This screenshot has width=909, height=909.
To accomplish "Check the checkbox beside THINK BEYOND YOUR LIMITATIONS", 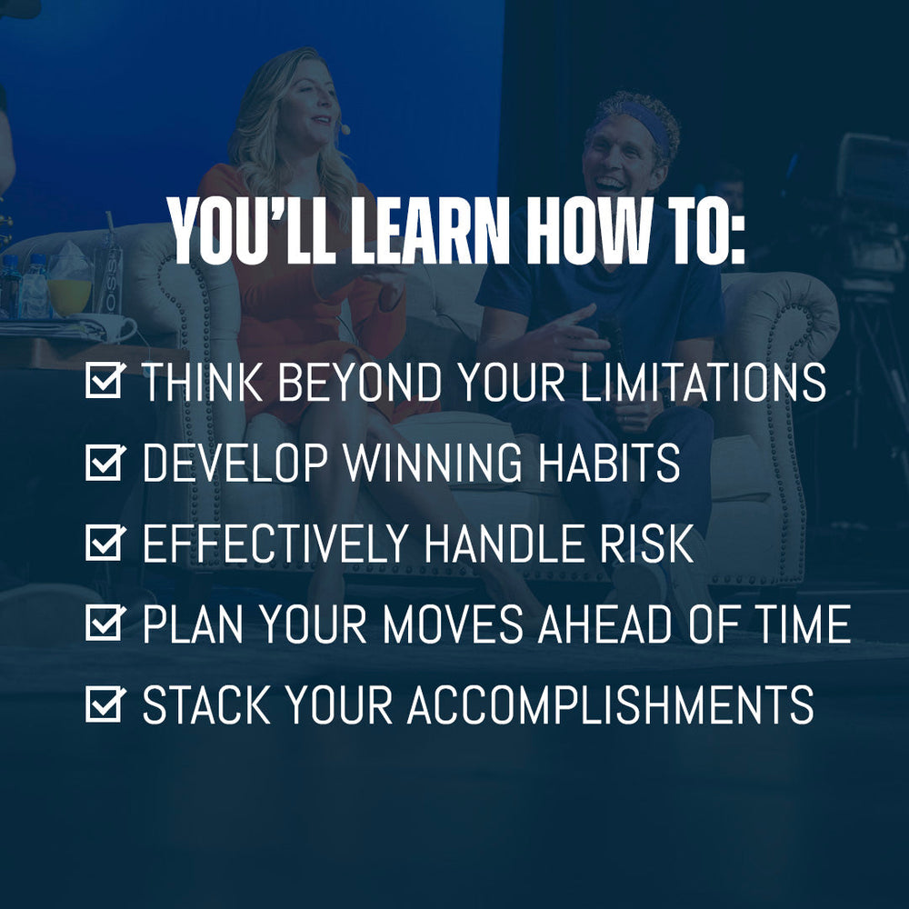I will click(103, 383).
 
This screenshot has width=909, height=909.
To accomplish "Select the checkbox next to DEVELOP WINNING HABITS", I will click(103, 463).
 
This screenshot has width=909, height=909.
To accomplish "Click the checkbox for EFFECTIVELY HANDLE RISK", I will click(103, 543).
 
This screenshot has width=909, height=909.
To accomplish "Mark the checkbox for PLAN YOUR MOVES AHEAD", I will click(103, 624).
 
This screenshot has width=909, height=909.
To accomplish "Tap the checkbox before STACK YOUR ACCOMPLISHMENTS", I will click(103, 704).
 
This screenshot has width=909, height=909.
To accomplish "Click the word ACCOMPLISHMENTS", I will click(610, 705).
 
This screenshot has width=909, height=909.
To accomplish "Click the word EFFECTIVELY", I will click(277, 544).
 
